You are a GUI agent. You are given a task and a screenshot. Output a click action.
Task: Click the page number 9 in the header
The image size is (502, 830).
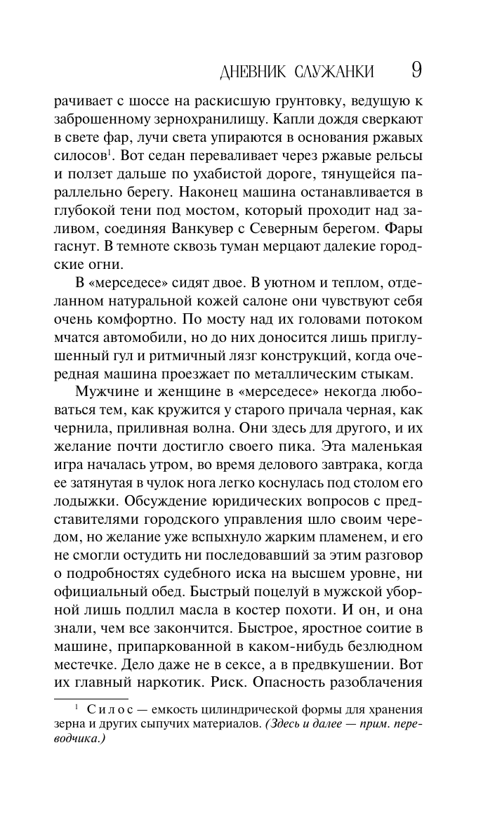[415, 70]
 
